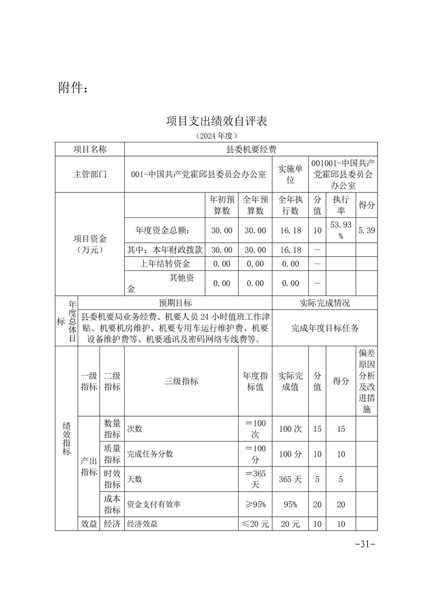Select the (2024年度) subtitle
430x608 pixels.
pos(216,135)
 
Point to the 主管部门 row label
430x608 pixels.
pos(90,174)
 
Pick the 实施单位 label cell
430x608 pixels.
pos(290,174)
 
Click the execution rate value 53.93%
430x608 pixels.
pos(341,230)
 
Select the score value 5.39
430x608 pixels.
pos(367,230)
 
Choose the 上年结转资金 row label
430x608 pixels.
pos(165,264)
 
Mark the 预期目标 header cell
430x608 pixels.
pos(175,303)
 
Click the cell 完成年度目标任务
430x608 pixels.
pos(325,328)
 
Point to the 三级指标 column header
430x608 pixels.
pos(182,381)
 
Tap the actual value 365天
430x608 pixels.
pos(290,479)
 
